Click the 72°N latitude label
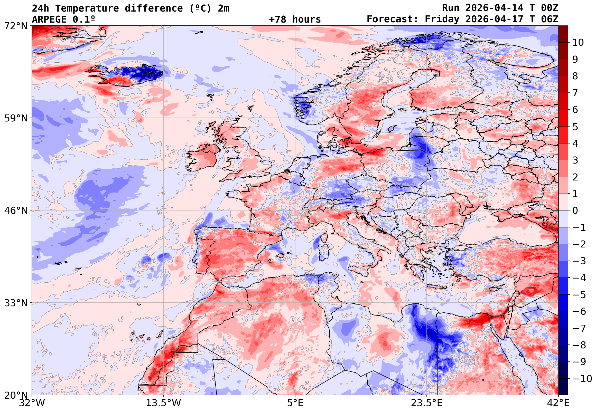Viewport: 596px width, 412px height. pyautogui.click(x=16, y=26)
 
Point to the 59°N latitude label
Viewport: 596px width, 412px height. pyautogui.click(x=16, y=118)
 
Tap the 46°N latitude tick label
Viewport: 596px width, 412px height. pyautogui.click(x=16, y=211)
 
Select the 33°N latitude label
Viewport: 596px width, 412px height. pyautogui.click(x=16, y=303)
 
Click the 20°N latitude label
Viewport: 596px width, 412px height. pyautogui.click(x=16, y=395)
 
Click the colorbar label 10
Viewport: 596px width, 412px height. pyautogui.click(x=578, y=43)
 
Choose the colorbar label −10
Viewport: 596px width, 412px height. pyautogui.click(x=582, y=379)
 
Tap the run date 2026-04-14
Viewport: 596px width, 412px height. pyautogui.click(x=494, y=8)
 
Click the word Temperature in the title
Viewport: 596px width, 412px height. pyautogui.click(x=87, y=8)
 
